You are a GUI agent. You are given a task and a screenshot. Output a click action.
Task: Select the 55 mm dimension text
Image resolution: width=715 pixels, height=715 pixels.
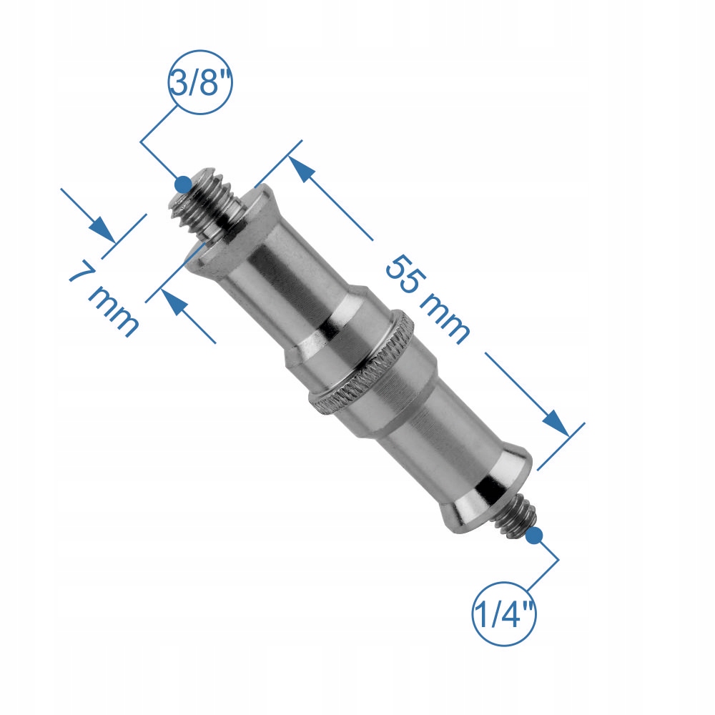pos(428,299)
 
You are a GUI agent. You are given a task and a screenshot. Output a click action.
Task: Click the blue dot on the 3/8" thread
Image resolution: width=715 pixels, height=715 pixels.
pos(183,184)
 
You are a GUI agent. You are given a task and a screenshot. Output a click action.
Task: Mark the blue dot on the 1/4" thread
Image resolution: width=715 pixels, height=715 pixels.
pos(534,535)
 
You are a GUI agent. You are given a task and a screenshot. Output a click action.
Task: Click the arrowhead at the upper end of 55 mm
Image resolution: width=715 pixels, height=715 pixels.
pos(302,169)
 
